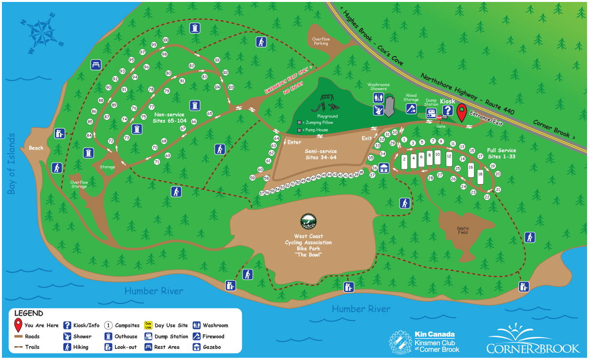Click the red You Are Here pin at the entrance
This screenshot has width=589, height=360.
tap(460, 112)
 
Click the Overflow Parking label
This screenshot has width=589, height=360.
tap(321, 41)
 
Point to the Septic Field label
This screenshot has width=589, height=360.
tap(462, 230)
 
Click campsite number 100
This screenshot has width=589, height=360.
tap(165, 40)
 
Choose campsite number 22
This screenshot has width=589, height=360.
tap(487, 197)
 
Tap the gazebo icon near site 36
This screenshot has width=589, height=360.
tap(383, 168)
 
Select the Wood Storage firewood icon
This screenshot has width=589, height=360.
tap(411, 109)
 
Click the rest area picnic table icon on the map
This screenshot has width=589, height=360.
tap(95, 64)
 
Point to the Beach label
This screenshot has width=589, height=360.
tap(36, 148)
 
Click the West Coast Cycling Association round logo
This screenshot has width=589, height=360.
tap(308, 222)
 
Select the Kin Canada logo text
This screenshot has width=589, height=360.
tap(435, 335)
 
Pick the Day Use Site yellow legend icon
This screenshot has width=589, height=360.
tap(148, 325)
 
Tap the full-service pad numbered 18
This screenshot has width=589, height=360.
tap(480, 176)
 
